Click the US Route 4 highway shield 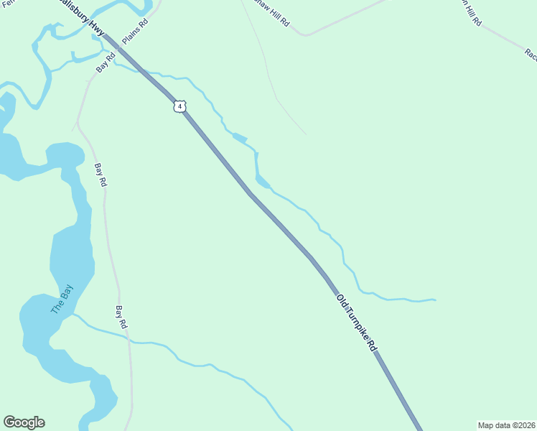pos(179,106)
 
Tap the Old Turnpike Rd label pos(357,321)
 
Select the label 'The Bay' pos(62,300)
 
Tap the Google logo pos(24,422)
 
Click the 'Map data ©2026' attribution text pos(507,425)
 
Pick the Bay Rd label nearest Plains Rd pos(106,62)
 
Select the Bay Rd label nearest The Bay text pos(121,318)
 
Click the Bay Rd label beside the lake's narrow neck pos(101,175)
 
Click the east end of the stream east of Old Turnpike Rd pos(435,299)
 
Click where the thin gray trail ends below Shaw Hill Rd pos(307,134)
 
